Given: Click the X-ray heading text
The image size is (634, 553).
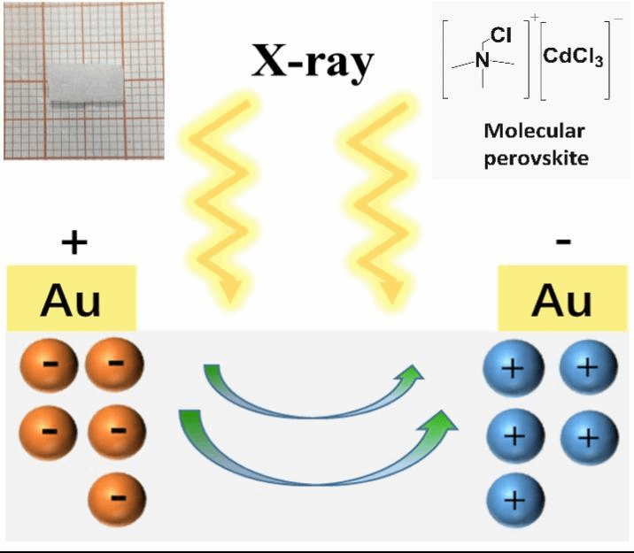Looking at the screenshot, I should coord(311,63).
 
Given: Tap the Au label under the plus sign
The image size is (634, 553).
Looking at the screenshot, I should coord(71,301).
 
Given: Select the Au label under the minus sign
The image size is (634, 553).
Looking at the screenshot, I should coord(562,301).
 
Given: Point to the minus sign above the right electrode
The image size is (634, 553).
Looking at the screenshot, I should coord(564,240).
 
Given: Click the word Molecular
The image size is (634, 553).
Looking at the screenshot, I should coord(534,130).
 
